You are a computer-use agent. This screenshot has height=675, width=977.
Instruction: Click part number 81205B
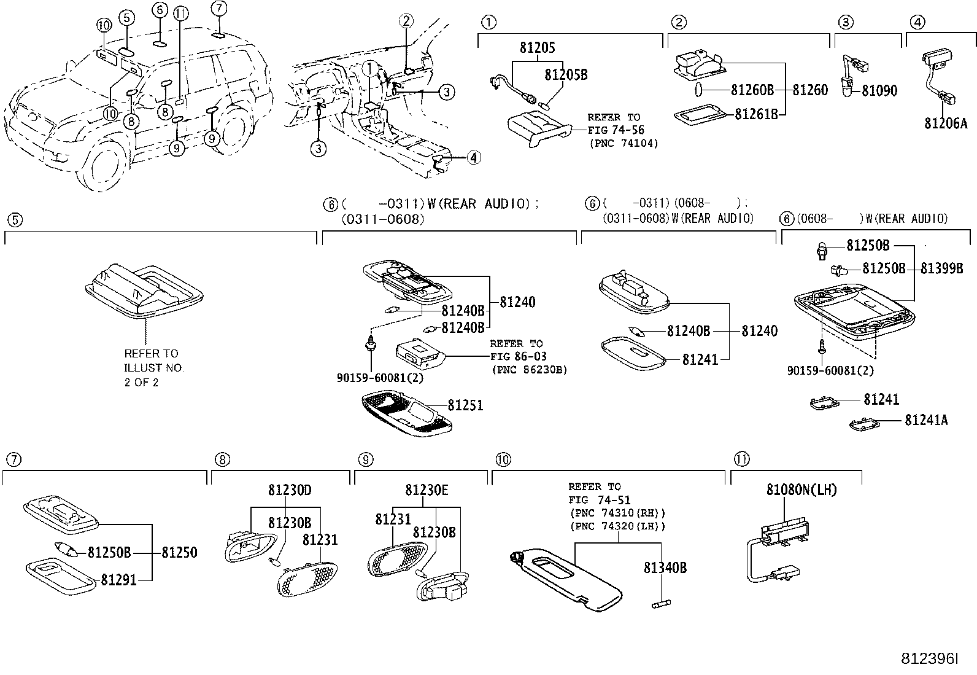[565, 74]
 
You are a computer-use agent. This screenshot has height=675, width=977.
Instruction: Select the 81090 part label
[879, 91]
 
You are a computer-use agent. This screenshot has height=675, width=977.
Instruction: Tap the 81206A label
[945, 123]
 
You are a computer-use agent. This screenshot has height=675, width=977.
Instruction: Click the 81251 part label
[465, 405]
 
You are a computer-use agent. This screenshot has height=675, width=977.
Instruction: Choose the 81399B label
[941, 268]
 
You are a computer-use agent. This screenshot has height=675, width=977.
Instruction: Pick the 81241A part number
[925, 420]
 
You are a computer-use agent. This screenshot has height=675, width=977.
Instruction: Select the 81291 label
[118, 579]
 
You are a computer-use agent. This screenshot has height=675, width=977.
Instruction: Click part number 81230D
[290, 490]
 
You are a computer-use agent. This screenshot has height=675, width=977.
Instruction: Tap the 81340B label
[665, 568]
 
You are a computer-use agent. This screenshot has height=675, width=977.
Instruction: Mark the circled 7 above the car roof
[218, 8]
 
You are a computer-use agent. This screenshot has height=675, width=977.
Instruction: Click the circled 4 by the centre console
[473, 158]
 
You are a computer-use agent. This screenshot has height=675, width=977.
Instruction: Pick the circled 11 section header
[741, 459]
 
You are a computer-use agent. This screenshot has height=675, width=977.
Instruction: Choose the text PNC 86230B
[529, 370]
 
